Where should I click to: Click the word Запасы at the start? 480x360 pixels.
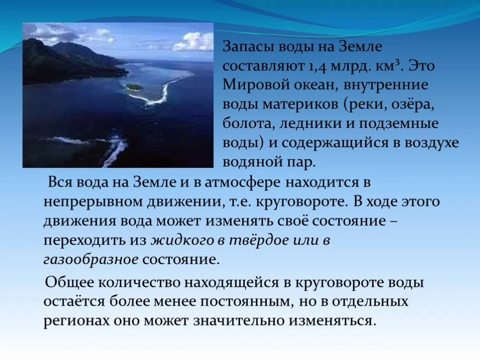click(247, 47)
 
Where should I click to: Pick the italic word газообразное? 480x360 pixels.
click(91, 260)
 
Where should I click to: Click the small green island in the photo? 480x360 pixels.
click(134, 87)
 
